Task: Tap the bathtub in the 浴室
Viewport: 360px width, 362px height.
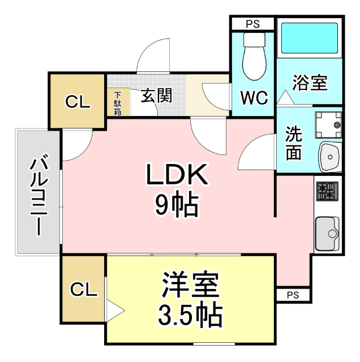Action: pos(309,38)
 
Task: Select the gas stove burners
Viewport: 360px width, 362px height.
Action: pos(327,191)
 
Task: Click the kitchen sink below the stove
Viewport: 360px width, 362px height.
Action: pos(327,232)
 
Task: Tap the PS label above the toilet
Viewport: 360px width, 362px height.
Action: pos(253,24)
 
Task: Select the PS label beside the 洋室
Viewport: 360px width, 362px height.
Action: pos(293,294)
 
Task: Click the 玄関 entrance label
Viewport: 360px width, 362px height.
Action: pos(156,96)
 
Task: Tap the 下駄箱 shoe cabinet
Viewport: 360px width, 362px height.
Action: pos(117,103)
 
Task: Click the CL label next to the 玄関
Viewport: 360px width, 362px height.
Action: pos(78,102)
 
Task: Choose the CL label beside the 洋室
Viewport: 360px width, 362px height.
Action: pos(83,290)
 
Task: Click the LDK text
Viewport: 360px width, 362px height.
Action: pos(178,178)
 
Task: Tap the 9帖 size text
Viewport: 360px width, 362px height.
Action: pos(177,206)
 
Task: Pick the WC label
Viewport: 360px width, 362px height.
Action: pos(254,98)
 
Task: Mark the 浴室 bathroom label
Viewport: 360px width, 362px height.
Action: pos(309,83)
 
